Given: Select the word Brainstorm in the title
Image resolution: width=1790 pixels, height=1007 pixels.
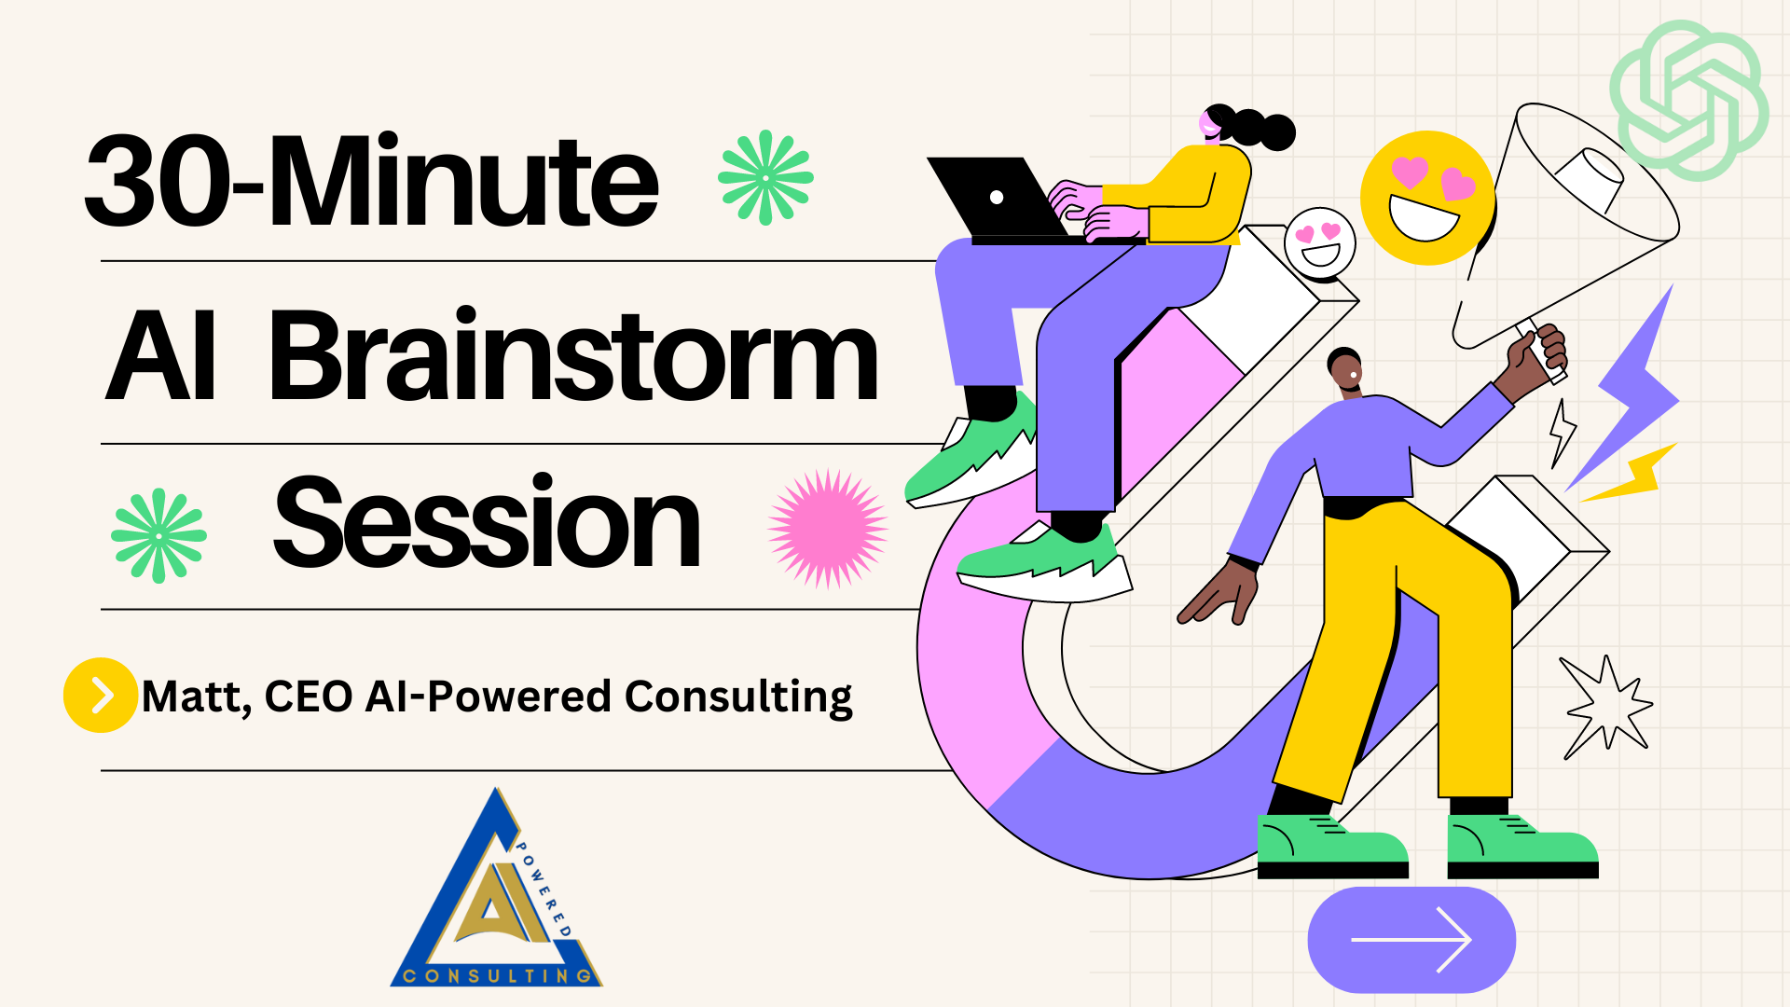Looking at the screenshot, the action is coord(574,355).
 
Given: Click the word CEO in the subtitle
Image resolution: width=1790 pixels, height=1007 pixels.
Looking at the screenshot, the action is coord(309,697).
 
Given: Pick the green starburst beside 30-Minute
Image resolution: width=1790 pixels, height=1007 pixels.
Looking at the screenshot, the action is coord(765,177).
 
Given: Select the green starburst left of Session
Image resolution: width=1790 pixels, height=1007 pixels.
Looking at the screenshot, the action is coord(158,536).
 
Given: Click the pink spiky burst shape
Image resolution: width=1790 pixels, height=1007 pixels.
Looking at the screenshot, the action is coord(828,529).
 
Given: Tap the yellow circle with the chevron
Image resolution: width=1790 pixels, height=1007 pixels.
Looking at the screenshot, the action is coord(101,696).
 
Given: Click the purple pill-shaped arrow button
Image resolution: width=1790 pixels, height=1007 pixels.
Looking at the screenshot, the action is coord(1411,940).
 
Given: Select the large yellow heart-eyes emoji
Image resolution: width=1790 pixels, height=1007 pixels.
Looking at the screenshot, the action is coord(1427,198).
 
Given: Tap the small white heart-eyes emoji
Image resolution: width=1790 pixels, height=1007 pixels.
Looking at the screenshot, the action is coord(1319,242).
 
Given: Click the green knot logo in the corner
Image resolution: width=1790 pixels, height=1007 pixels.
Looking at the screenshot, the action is coord(1689,100).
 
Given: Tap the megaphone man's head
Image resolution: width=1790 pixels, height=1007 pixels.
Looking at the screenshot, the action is coord(1345,371).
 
